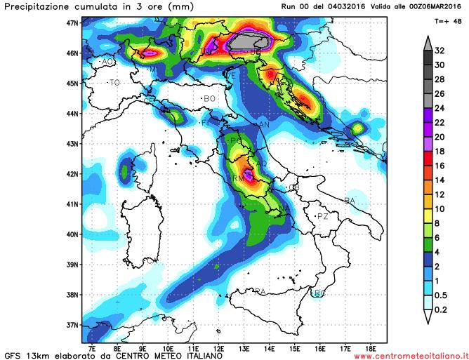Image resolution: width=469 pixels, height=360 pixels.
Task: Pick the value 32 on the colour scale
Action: tap(441, 51)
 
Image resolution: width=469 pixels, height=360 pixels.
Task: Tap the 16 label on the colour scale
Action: tap(441, 166)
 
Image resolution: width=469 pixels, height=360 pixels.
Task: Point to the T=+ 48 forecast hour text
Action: tap(447, 21)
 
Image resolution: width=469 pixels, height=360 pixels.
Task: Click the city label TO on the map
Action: tap(114, 83)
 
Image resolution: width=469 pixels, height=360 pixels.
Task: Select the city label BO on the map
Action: tap(209, 99)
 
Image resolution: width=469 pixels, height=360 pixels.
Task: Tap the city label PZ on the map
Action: tap(322, 216)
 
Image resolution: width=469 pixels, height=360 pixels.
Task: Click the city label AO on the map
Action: tap(107, 62)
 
